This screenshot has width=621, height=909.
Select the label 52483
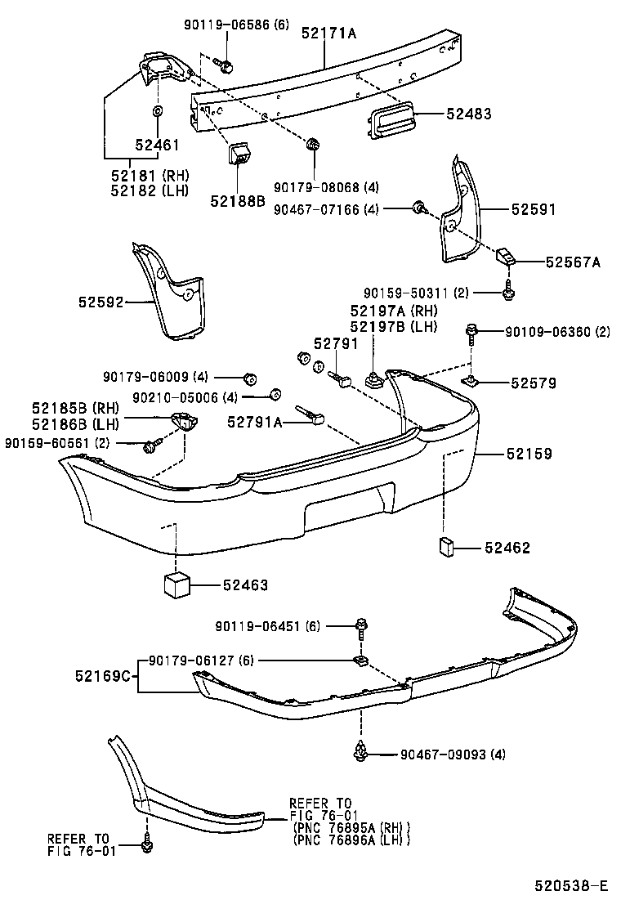point(469,114)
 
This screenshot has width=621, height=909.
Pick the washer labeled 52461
point(157,110)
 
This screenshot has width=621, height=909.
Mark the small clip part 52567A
point(505,258)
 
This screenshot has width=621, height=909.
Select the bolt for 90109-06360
point(472,333)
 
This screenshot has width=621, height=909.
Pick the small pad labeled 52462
point(448,547)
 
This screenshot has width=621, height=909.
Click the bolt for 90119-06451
point(360,627)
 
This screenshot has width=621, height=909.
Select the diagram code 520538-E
point(571,886)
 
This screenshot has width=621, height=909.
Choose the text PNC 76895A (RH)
point(351,826)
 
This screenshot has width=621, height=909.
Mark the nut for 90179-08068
point(313,146)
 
